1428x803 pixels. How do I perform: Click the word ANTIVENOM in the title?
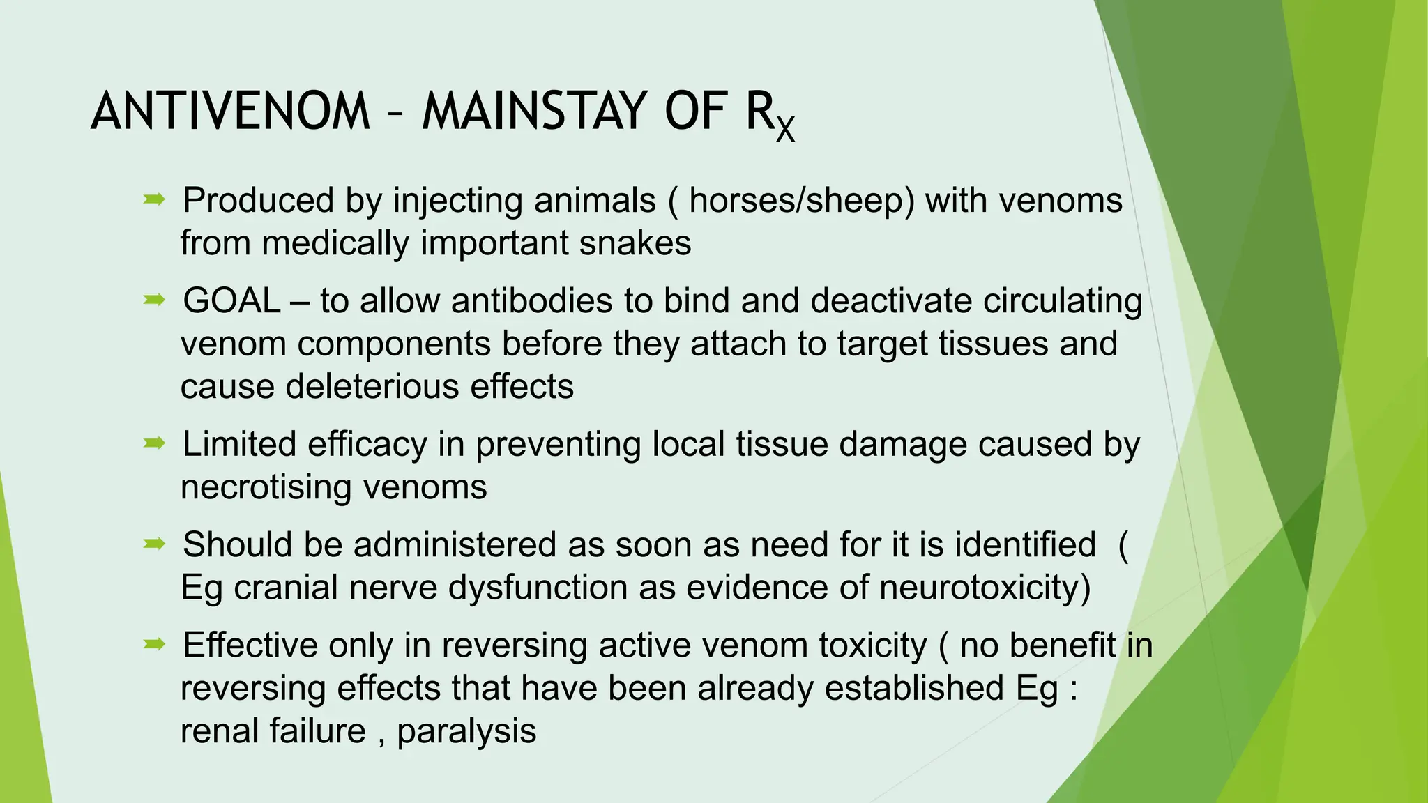click(230, 112)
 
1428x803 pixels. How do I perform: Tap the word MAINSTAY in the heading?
click(535, 112)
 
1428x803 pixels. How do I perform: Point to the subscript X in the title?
click(785, 129)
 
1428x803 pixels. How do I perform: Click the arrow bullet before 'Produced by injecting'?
click(154, 200)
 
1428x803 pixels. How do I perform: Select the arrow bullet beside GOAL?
click(154, 300)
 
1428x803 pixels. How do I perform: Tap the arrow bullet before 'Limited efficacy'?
click(154, 443)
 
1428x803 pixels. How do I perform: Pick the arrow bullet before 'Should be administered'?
click(154, 544)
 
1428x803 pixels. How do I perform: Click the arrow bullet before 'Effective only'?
click(154, 645)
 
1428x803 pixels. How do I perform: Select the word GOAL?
click(231, 301)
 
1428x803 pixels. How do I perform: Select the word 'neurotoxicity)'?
click(985, 588)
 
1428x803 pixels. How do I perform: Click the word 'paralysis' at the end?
click(466, 731)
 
